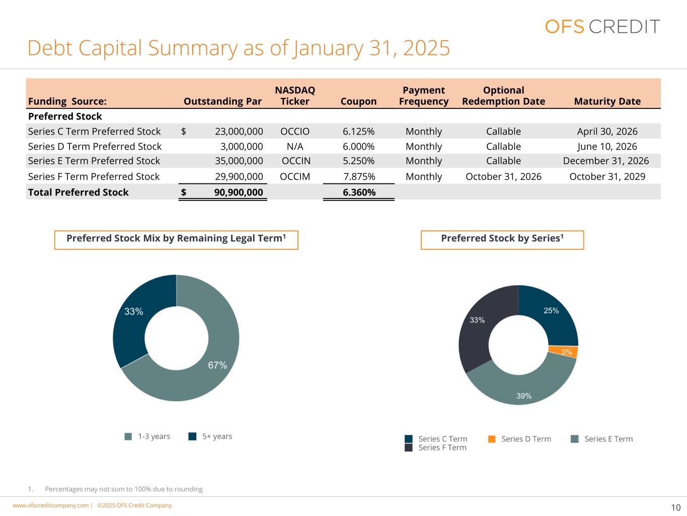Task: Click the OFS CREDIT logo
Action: [x=602, y=26]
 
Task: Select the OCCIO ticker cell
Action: [x=295, y=132]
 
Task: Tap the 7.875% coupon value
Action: [x=359, y=176]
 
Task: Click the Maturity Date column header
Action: [x=607, y=101]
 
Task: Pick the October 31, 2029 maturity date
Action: [x=607, y=176]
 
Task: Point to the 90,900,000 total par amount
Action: [x=239, y=192]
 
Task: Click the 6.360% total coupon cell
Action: [x=359, y=192]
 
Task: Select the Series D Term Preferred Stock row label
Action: [x=95, y=146]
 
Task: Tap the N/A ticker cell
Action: [x=295, y=146]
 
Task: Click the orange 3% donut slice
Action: [x=563, y=351]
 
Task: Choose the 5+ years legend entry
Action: [x=210, y=436]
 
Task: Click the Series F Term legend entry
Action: [x=435, y=447]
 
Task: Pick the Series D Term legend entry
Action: [x=519, y=439]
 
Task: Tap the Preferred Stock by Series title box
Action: [x=502, y=240]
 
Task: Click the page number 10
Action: [x=676, y=507]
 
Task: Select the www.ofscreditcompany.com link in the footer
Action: [x=51, y=505]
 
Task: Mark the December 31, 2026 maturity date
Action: [x=606, y=161]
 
